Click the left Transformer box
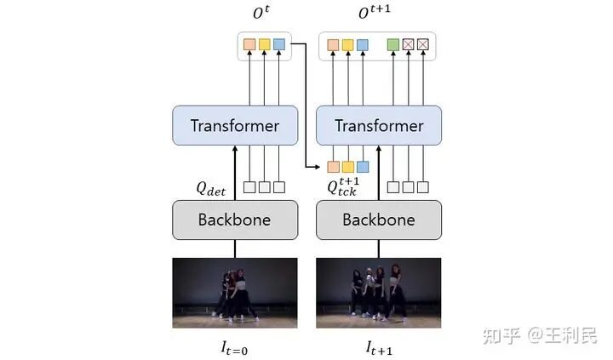(x=234, y=126)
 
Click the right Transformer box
(x=379, y=126)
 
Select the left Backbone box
(x=234, y=220)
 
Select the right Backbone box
(x=379, y=220)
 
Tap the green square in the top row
(x=393, y=44)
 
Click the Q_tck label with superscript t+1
(x=343, y=186)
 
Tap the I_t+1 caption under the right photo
(x=379, y=346)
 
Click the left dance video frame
(x=235, y=293)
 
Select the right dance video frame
(x=379, y=293)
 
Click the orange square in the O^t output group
(x=249, y=44)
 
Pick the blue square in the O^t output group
(x=278, y=44)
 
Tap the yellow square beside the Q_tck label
(x=347, y=166)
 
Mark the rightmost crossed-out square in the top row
(x=422, y=44)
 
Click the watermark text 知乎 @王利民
(x=540, y=335)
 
